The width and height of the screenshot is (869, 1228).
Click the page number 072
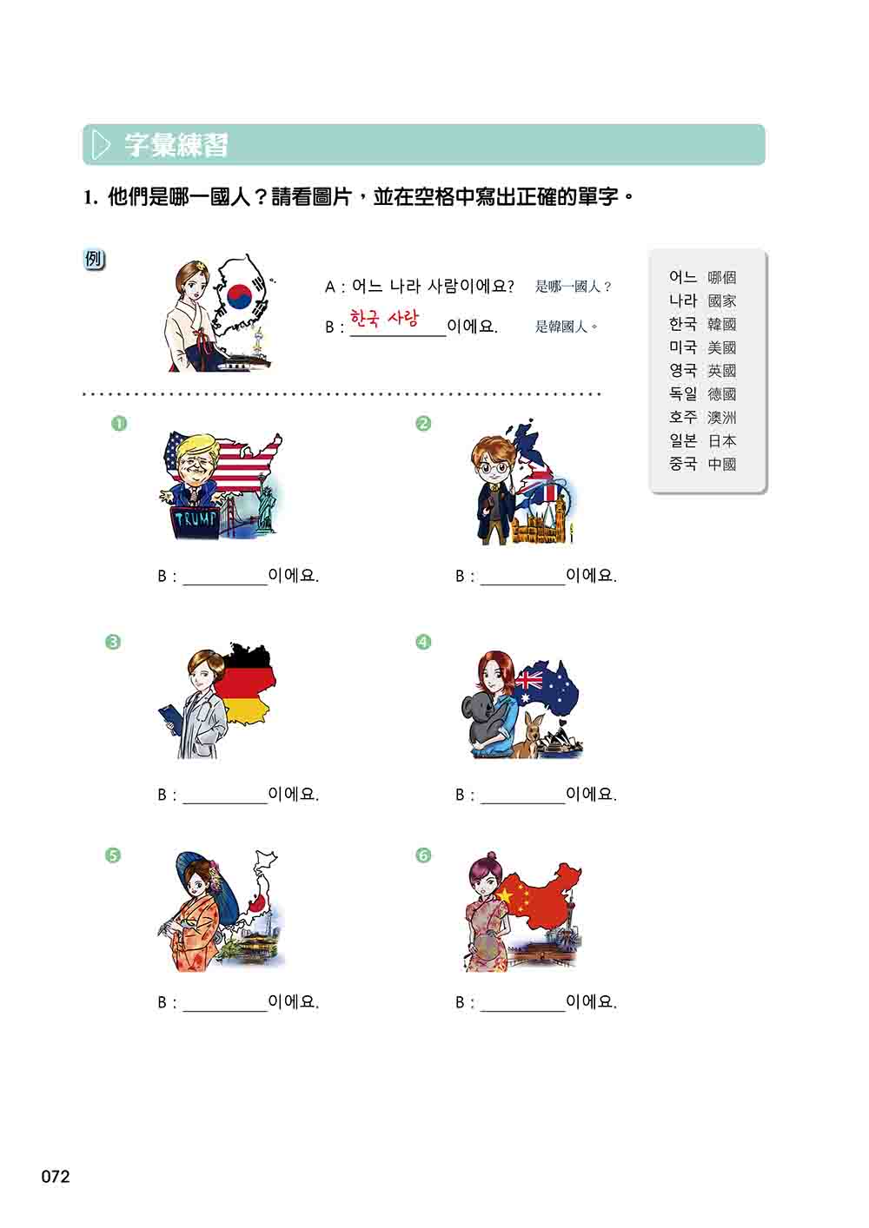pos(55,1177)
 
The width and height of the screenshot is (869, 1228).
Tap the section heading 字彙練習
pos(176,145)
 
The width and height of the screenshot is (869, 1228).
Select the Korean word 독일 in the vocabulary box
pos(683,393)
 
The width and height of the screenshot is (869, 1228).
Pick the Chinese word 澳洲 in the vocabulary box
pos(722,418)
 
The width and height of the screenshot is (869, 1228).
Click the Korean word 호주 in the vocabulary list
pos(683,417)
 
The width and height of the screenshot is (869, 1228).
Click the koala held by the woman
pos(485,724)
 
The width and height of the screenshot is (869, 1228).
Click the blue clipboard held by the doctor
pos(170,715)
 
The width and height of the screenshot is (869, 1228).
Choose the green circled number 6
pos(423,855)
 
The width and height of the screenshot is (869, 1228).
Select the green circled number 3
pos(112,642)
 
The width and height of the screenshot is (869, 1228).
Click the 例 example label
pos(95,260)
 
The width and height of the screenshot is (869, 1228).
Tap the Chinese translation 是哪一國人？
pos(574,287)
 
